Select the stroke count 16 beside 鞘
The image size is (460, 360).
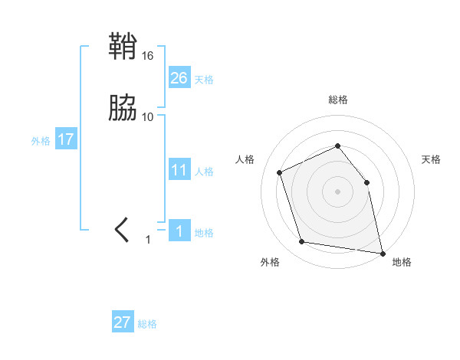(x=148, y=56)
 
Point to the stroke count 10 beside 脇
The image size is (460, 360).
(x=148, y=116)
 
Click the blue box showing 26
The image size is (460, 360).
(x=179, y=78)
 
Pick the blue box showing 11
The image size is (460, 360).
(x=179, y=170)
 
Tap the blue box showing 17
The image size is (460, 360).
(x=66, y=139)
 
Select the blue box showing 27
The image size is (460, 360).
(x=123, y=322)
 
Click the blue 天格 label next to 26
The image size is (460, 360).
(x=204, y=80)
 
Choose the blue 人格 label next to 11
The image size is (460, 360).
(x=204, y=172)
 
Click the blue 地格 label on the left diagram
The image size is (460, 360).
(x=204, y=233)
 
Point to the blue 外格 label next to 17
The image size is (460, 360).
(x=41, y=141)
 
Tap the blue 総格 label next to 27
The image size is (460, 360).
(x=147, y=324)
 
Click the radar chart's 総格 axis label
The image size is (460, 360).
(x=337, y=100)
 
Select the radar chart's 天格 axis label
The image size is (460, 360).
(x=431, y=159)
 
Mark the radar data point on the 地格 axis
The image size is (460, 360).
(x=382, y=252)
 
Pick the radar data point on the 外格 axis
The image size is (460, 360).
(x=302, y=242)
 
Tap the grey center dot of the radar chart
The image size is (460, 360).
(x=337, y=191)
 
